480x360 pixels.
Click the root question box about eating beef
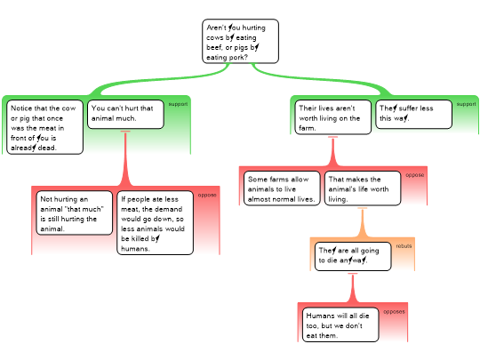pos(240,41)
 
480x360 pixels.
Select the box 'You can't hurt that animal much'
pos(125,114)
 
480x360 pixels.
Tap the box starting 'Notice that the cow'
pos(44,127)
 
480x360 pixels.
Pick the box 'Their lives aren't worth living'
pos(333,117)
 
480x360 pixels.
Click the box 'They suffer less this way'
pos(414,114)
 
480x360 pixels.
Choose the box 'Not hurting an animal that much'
pos(75,213)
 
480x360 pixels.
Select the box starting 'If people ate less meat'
pos(156,223)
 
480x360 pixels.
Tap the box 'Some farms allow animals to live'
pos(282,188)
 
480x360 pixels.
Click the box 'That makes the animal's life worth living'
pos(363,188)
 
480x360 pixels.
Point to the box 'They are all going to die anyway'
pos(353,257)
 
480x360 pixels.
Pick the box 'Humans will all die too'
pos(340,324)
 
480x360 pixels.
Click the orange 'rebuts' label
pos(404,246)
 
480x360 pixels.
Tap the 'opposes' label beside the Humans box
pos(394,312)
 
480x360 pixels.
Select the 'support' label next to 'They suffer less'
pos(467,104)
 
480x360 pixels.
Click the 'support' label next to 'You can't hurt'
pos(178,104)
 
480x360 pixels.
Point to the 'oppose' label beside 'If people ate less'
pos(207,195)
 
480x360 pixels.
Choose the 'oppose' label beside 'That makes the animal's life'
pos(415,175)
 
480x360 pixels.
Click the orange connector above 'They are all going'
pos(363,223)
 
